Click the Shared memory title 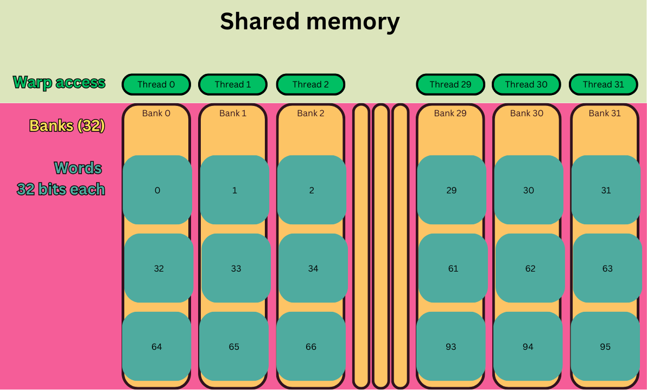click(309, 22)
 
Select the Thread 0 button click(156, 84)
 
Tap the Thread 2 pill click(310, 84)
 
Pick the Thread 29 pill click(450, 84)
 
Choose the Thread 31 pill click(603, 84)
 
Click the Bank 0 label click(156, 114)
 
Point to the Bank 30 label click(527, 114)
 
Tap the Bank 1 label click(233, 114)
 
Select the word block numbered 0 click(157, 190)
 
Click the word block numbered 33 click(236, 268)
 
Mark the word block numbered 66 click(311, 347)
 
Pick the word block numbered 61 click(453, 268)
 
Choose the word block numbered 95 click(605, 347)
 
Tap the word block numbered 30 click(529, 190)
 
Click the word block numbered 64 click(157, 347)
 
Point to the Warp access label click(59, 83)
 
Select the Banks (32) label click(67, 126)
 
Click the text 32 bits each click(61, 190)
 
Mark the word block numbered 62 click(530, 268)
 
